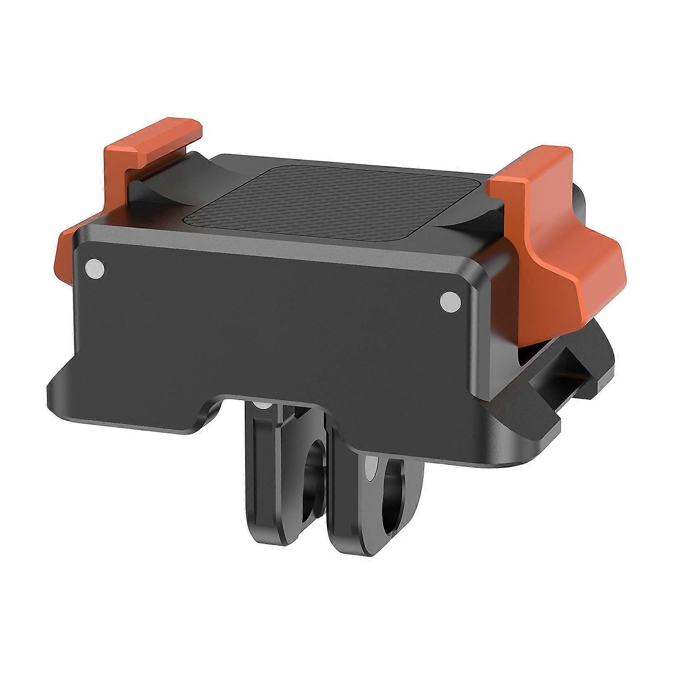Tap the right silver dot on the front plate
(449, 301)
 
